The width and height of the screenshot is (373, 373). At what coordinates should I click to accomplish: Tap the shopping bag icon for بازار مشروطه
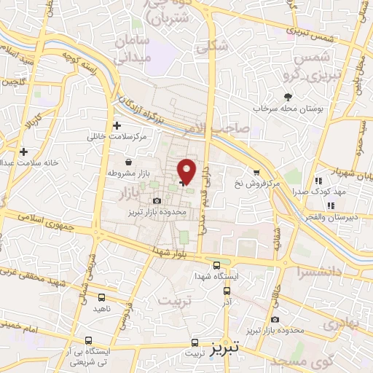coord(129,162)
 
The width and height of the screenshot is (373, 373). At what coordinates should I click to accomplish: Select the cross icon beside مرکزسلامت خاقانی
coord(117,126)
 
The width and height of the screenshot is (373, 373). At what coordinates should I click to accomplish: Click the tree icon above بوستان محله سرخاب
coord(288,97)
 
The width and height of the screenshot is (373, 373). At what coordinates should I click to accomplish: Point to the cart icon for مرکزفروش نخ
coord(256,172)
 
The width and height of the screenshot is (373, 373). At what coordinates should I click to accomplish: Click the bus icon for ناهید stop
coord(101,297)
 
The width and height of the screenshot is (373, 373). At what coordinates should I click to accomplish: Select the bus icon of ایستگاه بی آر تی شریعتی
coord(89,340)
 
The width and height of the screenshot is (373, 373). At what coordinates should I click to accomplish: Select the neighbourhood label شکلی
coord(213,46)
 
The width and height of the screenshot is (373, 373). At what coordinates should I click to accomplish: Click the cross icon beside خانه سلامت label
coord(24,152)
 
